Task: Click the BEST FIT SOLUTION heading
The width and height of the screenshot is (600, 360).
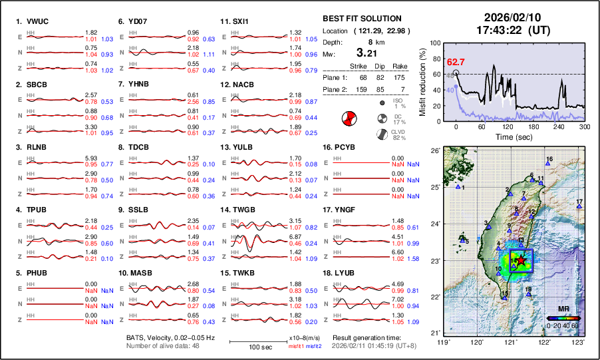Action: [x=362, y=19]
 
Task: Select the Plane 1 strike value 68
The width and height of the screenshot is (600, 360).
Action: [x=354, y=77]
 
